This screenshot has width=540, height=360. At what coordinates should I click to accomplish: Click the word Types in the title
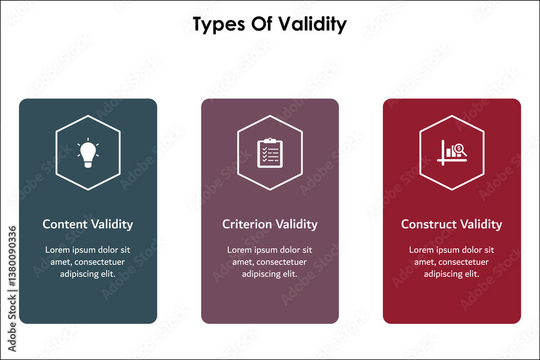tap(219, 24)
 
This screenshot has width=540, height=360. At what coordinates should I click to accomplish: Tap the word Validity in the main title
tap(312, 24)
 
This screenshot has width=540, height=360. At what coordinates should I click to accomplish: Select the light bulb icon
tap(88, 153)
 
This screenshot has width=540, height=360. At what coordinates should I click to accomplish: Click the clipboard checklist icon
tap(270, 153)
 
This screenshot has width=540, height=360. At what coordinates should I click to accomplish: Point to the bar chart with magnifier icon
tap(452, 152)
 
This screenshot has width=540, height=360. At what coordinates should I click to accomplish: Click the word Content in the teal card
tap(65, 224)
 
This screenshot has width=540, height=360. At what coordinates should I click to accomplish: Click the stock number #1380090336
tap(12, 256)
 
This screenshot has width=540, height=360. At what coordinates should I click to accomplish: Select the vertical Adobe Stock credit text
tap(12, 289)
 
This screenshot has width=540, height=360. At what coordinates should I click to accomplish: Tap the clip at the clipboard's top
tap(270, 140)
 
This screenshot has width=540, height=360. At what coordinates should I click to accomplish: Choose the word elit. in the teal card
tap(107, 274)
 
